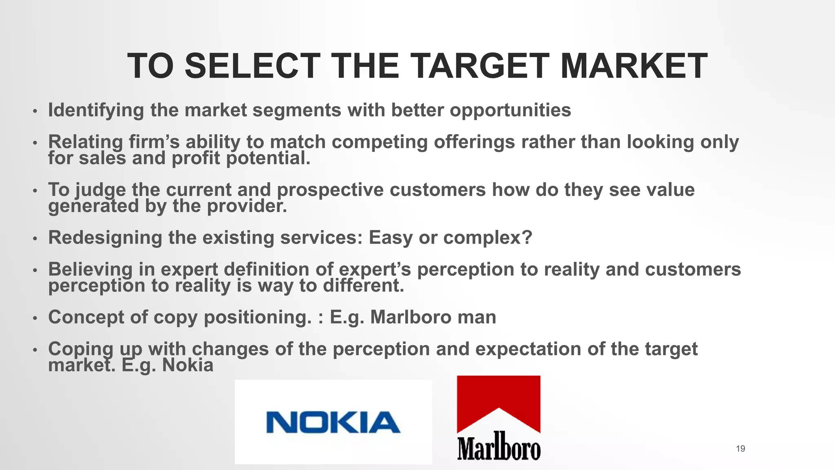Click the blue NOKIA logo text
pos(333,422)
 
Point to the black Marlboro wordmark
pos(499,446)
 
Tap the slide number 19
pos(740,449)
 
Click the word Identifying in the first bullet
pos(96,110)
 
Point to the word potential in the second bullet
pos(268,158)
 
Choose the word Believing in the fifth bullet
pos(91,269)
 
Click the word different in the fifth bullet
pos(363,285)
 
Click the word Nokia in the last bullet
pos(188,365)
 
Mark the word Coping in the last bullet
pos(81,349)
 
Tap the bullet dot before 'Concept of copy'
pos(35,318)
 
